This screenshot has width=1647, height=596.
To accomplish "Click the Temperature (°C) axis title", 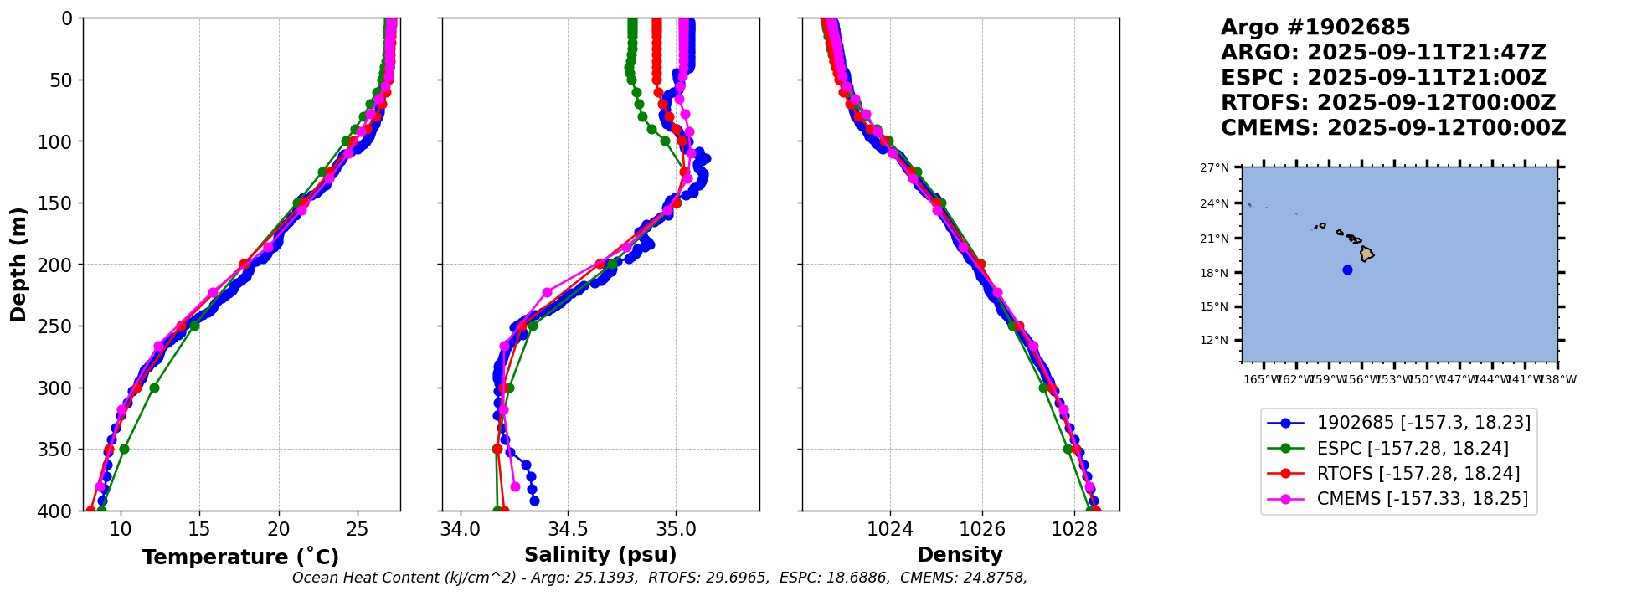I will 240,557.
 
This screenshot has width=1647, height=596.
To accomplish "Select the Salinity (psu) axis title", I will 600,554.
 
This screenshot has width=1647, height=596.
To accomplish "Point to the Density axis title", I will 960,554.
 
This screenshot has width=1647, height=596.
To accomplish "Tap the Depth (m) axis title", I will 18,264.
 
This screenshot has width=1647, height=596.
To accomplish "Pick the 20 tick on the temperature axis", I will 279,529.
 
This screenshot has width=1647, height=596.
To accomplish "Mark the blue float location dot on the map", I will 1347,270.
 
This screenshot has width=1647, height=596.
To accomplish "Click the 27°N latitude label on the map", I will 1214,167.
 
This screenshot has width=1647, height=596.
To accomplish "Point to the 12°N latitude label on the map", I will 1214,340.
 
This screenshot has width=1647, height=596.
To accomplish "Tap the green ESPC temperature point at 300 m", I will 154,388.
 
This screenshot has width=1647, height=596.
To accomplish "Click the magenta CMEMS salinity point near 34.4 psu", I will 547,292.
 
